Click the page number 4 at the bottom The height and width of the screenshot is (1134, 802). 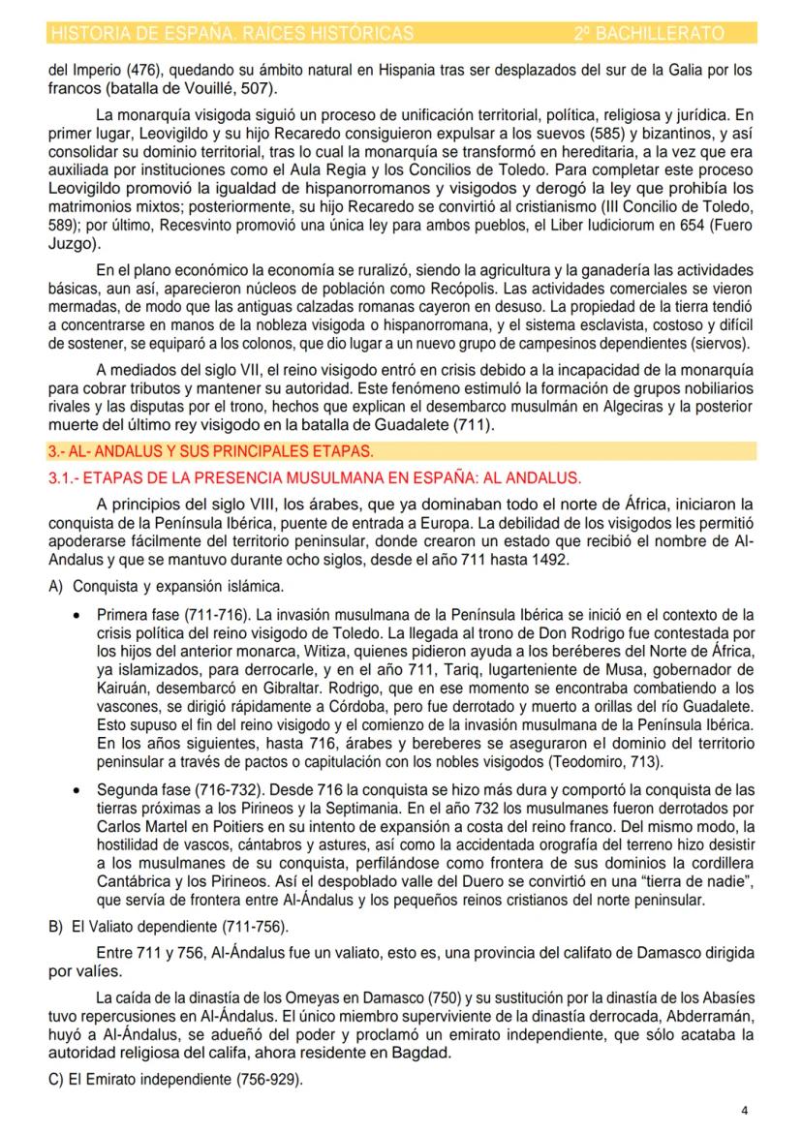click(x=744, y=1111)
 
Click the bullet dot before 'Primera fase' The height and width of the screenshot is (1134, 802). click(x=77, y=614)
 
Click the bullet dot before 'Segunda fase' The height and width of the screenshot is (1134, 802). click(x=77, y=791)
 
